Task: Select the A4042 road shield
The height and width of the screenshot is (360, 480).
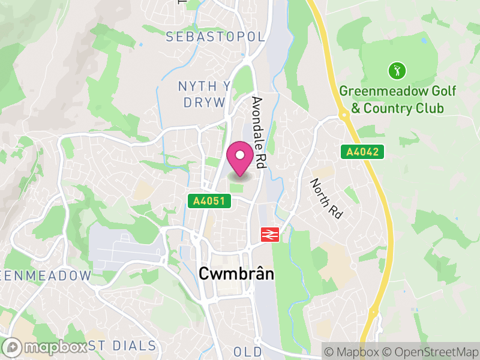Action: pos(362,152)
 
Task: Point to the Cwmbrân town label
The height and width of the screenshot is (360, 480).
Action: pos(236,274)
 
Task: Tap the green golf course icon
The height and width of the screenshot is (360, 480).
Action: pos(397,71)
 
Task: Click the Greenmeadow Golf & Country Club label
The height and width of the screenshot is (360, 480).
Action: pos(397,100)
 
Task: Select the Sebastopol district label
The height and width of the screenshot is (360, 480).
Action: pos(215,37)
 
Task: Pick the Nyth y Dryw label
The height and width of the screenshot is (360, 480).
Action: pos(204,94)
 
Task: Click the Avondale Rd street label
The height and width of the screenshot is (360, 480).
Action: pos(259,132)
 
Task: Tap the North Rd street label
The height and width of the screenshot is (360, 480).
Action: pos(326,198)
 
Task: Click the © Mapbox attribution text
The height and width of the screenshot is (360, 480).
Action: pos(353,350)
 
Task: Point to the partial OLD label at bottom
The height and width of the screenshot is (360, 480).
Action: pos(248,351)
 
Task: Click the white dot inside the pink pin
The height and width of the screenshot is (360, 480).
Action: pos(240,155)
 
